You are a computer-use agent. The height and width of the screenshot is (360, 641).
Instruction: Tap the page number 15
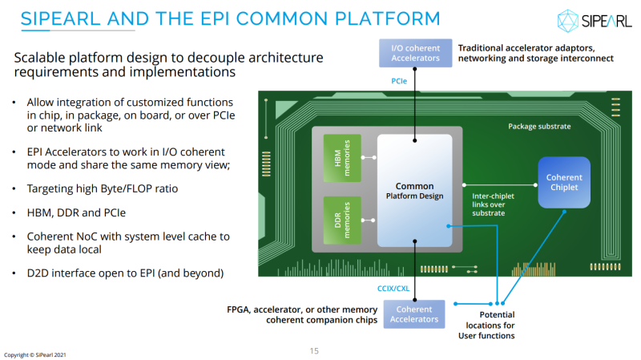314,350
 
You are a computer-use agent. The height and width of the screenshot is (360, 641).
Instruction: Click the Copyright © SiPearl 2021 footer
34,354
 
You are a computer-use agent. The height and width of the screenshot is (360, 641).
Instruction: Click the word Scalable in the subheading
42,58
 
